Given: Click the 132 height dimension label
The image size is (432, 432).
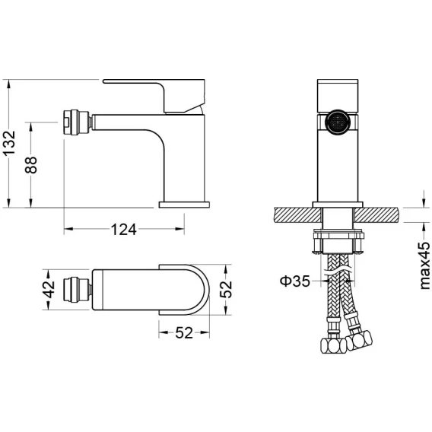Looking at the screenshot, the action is (9, 143).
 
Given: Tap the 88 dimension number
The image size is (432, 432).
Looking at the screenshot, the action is (31, 165).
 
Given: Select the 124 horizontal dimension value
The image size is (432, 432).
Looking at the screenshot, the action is (124, 230).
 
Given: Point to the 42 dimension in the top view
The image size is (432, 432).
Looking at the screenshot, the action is (49, 290).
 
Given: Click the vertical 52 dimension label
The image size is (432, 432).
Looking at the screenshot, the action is (226, 290).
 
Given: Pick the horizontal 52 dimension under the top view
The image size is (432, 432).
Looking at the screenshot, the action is (184, 333).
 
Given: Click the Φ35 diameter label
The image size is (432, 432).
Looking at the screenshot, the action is (295, 281).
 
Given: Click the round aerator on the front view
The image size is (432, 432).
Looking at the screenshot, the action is (338, 122).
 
